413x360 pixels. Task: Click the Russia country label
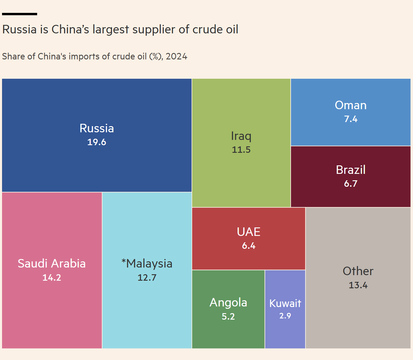tap(97, 128)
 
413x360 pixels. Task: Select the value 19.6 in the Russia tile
tap(97, 142)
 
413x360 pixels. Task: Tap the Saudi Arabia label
tap(52, 264)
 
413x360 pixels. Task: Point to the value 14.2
tap(52, 277)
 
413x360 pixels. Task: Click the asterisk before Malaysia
tap(124, 261)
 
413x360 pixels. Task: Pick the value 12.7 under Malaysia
tap(147, 277)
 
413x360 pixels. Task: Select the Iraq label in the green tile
tap(241, 136)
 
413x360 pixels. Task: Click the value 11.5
tap(241, 150)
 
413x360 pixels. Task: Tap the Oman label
tap(350, 105)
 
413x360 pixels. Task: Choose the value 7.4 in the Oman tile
tap(350, 119)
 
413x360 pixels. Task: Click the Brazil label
tap(350, 170)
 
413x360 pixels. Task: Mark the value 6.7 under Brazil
tap(350, 184)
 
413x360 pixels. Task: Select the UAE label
tap(249, 232)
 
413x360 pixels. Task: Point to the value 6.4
tap(249, 246)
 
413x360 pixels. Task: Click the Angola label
tap(228, 303)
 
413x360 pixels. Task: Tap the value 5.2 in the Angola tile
tap(228, 316)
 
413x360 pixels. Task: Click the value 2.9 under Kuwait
tap(285, 316)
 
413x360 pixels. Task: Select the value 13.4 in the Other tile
tap(358, 285)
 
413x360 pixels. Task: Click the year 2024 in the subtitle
tap(176, 56)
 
